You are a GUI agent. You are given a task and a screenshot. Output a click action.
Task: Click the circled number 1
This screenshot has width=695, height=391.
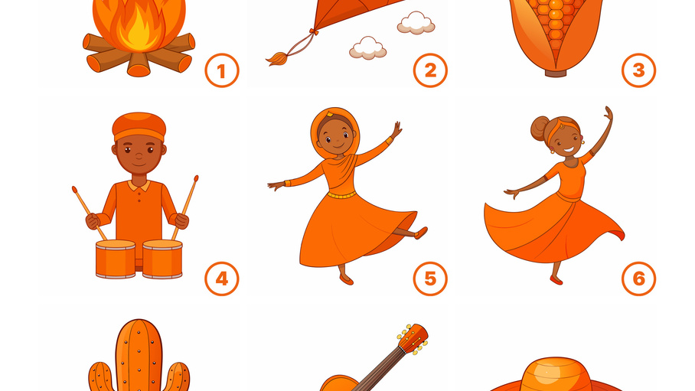222,70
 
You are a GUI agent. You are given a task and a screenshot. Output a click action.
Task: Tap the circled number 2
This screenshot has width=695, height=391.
430,70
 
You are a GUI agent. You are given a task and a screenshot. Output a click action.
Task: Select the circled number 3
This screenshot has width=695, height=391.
638,70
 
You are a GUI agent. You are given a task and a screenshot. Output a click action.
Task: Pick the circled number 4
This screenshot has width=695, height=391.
222,279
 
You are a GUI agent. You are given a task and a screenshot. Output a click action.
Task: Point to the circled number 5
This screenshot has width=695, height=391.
430,279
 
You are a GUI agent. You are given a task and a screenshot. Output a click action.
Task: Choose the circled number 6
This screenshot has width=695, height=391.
638,279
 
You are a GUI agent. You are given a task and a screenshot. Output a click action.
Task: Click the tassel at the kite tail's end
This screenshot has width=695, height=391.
276,58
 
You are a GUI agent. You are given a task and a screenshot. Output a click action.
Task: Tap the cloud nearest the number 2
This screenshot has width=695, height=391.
416,23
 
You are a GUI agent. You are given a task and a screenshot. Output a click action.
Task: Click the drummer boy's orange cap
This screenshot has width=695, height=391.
139,126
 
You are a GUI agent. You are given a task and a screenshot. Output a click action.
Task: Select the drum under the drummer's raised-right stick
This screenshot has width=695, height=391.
162,259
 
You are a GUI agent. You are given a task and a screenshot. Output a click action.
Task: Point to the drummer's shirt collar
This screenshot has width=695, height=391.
139,185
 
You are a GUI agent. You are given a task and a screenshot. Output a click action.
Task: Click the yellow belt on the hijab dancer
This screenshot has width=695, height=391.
341,194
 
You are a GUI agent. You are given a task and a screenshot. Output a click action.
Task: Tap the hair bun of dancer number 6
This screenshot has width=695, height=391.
540,128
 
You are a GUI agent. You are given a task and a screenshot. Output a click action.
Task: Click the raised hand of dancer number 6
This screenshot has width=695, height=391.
609,113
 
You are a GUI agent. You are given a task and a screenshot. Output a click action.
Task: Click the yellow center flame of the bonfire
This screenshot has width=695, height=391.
139,31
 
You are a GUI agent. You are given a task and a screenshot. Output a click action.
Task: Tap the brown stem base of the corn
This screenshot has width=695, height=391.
556,73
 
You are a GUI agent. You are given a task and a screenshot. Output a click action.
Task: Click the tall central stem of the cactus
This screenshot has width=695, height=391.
139,354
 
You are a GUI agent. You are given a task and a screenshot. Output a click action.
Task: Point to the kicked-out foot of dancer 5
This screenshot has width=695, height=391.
420,233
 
